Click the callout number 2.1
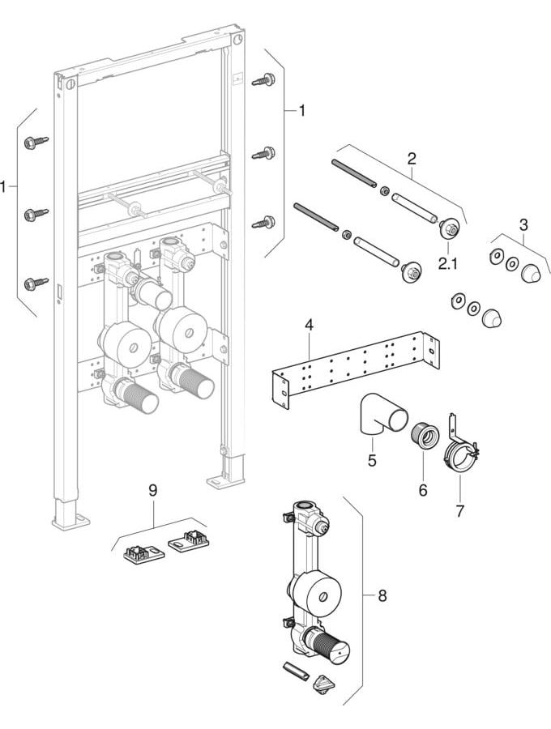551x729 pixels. pyautogui.click(x=448, y=263)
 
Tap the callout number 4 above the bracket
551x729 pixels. pyautogui.click(x=309, y=325)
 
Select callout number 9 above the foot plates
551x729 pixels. pyautogui.click(x=153, y=490)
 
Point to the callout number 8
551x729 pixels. pyautogui.click(x=382, y=595)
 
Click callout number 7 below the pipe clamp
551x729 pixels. pyautogui.click(x=459, y=511)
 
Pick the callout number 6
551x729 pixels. pyautogui.click(x=423, y=489)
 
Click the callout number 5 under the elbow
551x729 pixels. pyautogui.click(x=372, y=461)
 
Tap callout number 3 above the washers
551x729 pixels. pyautogui.click(x=523, y=225)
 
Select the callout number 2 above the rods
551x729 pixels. pyautogui.click(x=412, y=159)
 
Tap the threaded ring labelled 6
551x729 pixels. pyautogui.click(x=425, y=436)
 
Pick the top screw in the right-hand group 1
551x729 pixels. pyautogui.click(x=263, y=79)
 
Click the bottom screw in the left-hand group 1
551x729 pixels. pyautogui.click(x=36, y=282)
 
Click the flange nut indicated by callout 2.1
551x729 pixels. pyautogui.click(x=449, y=228)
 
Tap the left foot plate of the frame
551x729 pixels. pyautogui.click(x=70, y=520)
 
